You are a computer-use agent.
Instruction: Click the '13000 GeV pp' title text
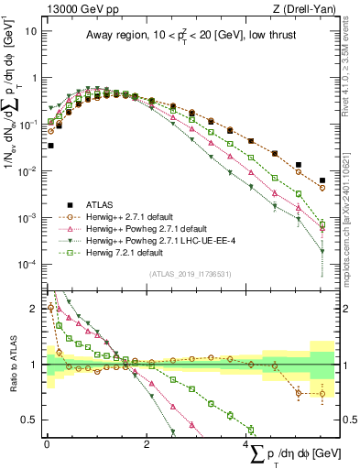(x=81, y=8)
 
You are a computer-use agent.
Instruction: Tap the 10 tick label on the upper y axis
(x=30, y=30)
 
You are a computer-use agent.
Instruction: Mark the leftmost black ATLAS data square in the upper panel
(x=51, y=145)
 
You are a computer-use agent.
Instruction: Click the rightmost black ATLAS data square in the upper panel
(x=322, y=180)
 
